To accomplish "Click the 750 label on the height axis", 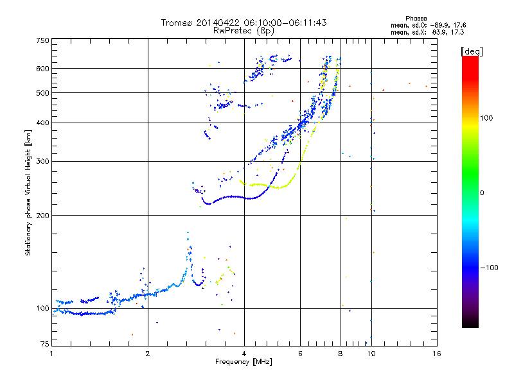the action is pos(42,40).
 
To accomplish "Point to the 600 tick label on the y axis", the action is pos(42,69).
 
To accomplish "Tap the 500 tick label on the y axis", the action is pos(42,93).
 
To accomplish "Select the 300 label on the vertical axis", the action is pos(42,162).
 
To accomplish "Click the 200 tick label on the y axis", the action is pos(42,216).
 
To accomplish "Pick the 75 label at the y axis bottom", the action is pos(45,344).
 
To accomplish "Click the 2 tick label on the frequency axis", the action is pos(148,354).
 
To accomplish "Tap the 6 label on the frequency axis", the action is pos(300,354).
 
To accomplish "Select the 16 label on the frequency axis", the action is pos(437,354).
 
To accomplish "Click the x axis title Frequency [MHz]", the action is pos(244,362).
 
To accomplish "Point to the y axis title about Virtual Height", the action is pos(28,193).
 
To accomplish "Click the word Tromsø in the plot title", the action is pos(176,22).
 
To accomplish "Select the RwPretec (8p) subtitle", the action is pos(244,31).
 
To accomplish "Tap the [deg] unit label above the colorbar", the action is pos(472,51).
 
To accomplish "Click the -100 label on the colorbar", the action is pos(490,268).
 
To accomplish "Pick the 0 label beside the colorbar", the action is pos(482,193).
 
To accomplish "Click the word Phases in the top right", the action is pos(416,19).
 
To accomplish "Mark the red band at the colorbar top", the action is pos(470,65).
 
